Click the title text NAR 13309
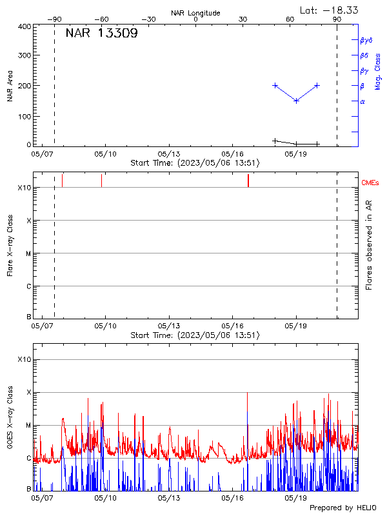point(101,34)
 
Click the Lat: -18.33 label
point(330,10)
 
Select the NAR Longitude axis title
point(195,13)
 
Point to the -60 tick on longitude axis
point(101,19)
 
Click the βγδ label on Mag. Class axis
point(366,40)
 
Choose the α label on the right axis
point(362,102)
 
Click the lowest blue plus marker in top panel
point(296,101)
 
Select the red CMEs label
point(370,183)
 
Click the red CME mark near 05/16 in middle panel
point(248,181)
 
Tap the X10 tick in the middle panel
point(25,188)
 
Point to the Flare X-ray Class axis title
point(10,245)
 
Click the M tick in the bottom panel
point(28,426)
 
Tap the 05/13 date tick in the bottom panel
point(168,498)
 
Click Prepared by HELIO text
point(342,508)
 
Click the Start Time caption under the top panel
point(195,163)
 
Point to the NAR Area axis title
point(10,86)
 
